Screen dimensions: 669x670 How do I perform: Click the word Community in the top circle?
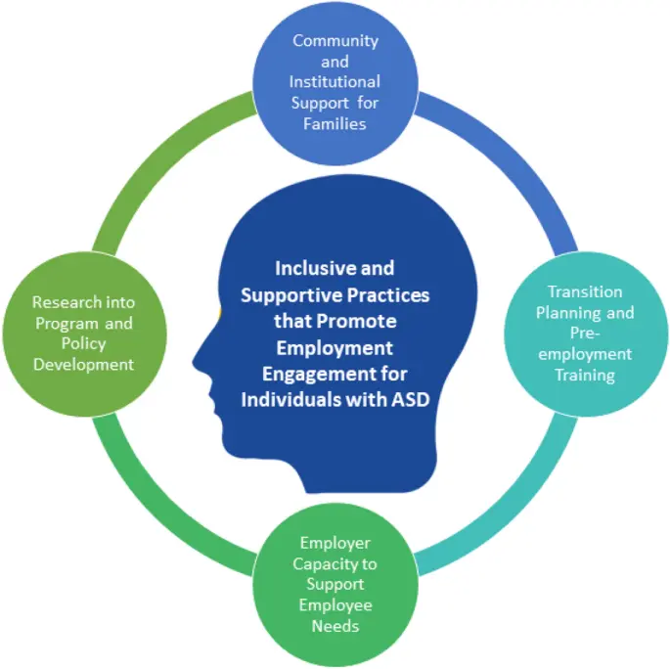[x=335, y=41]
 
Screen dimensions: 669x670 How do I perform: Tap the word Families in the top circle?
[x=335, y=124]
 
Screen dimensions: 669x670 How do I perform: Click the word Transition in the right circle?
[x=585, y=292]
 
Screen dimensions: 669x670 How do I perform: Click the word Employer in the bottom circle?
[x=335, y=544]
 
